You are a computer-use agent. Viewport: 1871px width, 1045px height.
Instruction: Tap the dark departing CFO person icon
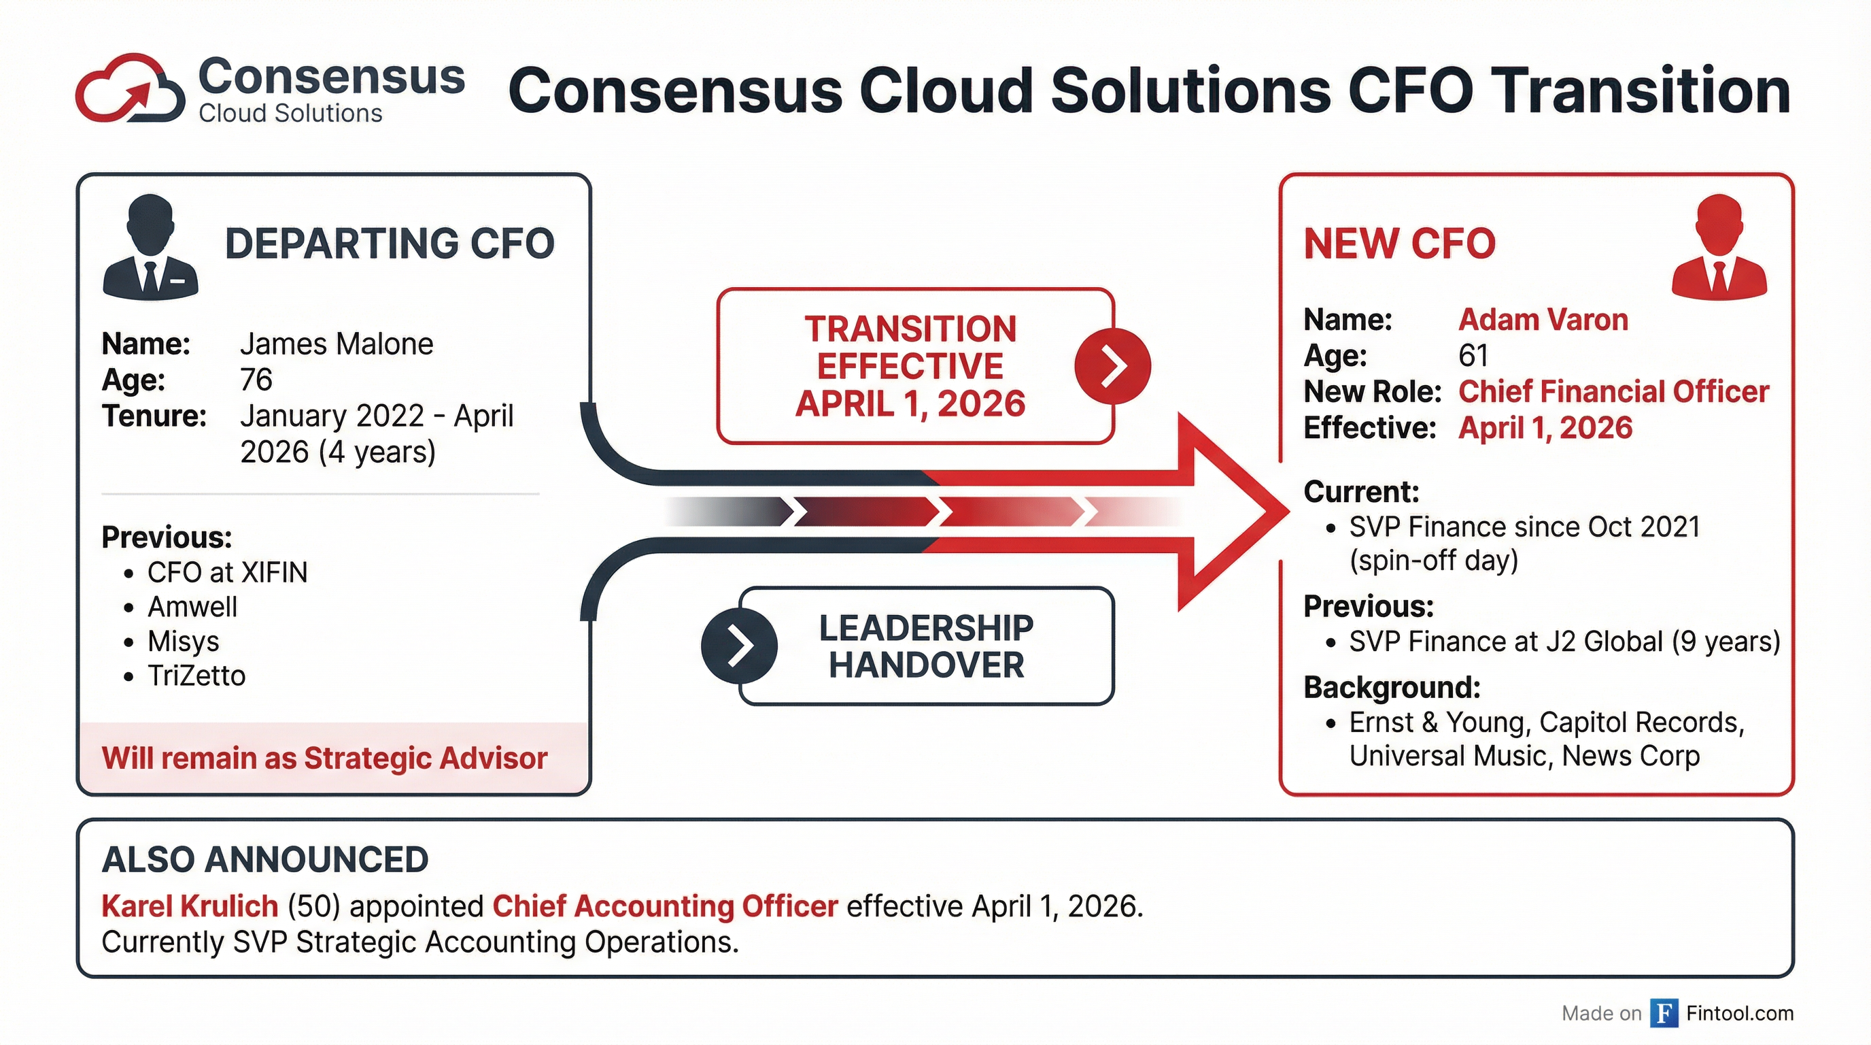coord(150,248)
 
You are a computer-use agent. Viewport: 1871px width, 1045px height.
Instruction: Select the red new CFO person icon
coord(1719,248)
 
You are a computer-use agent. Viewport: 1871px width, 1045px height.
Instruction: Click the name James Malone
coord(337,344)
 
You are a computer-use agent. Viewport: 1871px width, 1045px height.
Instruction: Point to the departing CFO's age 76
coord(256,380)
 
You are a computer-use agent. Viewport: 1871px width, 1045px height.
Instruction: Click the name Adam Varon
coord(1543,320)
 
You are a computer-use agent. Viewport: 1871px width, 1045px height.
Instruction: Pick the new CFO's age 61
coord(1473,355)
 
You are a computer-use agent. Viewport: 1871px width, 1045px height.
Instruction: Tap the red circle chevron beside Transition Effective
coord(1112,365)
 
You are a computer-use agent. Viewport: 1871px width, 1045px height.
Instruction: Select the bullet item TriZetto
coord(196,676)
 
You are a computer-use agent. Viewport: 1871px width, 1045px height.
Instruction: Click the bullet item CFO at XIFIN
coord(227,573)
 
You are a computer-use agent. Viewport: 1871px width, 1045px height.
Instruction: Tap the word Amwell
coord(192,607)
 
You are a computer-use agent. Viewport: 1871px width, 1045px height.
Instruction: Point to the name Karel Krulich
coord(190,906)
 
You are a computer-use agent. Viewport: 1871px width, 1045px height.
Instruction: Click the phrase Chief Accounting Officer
coord(665,906)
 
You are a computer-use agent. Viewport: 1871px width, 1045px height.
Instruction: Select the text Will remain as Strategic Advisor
coord(324,758)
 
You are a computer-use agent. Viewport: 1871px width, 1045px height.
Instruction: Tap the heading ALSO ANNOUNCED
coord(265,860)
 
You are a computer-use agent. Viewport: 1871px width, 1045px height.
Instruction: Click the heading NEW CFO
coord(1399,244)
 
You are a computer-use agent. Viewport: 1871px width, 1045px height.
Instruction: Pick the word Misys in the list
coord(183,642)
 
